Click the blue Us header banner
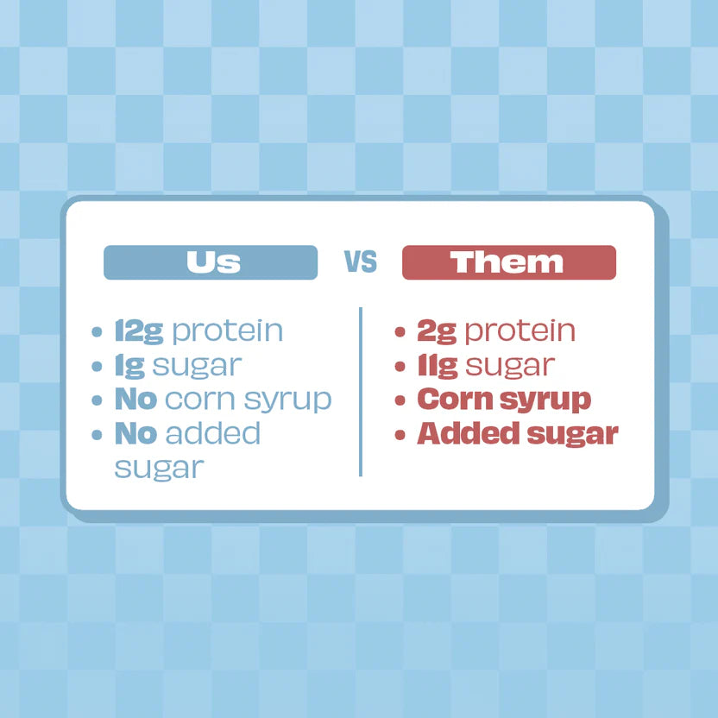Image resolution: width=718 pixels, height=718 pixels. coord(211,262)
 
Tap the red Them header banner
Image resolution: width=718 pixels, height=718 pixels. coord(508,262)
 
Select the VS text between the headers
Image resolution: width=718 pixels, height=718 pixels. coord(361,262)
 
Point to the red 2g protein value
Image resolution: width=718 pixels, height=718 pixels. coord(436,331)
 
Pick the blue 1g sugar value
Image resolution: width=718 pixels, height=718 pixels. coord(129,365)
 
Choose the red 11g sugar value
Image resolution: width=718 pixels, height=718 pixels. coord(437,365)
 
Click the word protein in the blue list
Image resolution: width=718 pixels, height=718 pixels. coord(228,331)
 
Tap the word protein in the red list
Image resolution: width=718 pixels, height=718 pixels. coord(520,331)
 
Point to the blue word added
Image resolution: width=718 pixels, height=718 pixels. coord(212,433)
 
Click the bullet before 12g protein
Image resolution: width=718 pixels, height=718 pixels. coord(98,331)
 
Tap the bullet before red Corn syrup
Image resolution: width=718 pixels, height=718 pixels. coord(400,400)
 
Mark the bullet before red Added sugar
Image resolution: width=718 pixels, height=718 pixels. coord(400,434)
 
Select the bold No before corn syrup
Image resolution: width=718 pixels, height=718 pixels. coord(135,400)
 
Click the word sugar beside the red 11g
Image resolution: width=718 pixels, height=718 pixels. coord(509,366)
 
